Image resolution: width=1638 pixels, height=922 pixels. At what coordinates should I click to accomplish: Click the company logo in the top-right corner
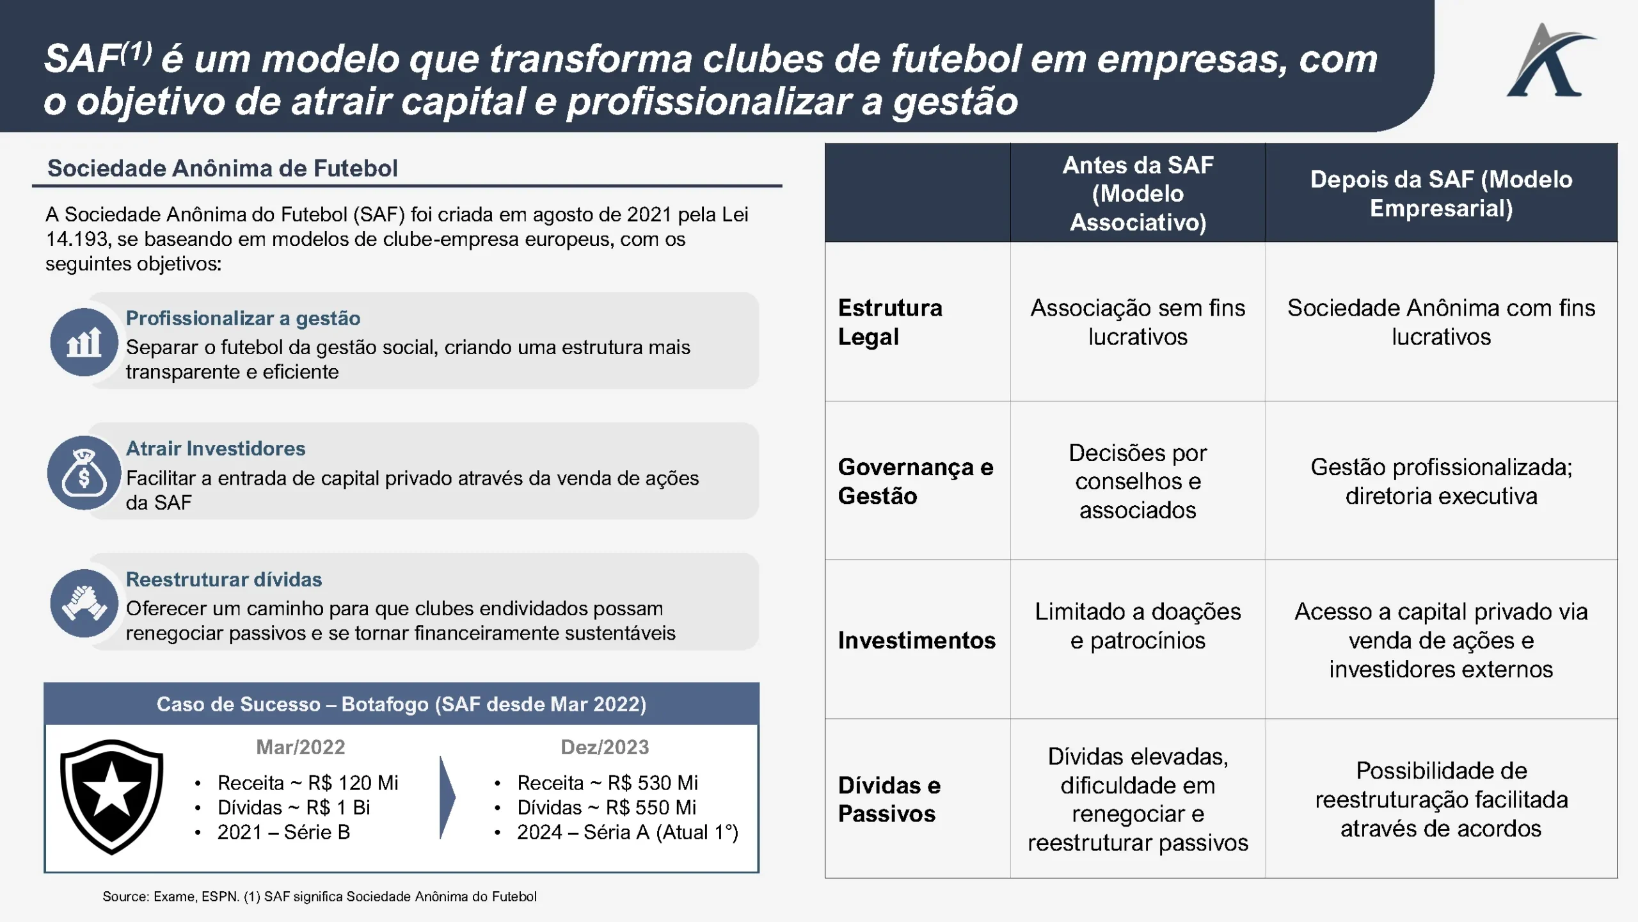coord(1550,61)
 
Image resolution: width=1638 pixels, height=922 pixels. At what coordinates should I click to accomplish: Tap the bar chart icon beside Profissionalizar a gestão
coord(84,342)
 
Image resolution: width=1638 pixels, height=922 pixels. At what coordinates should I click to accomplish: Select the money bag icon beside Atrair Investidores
coord(84,473)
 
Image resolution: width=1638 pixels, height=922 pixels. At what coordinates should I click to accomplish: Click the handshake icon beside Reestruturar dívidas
coord(84,603)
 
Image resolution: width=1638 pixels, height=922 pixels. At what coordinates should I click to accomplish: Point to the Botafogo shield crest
coord(112,797)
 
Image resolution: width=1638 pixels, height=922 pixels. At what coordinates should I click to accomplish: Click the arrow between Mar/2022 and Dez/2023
coord(447,797)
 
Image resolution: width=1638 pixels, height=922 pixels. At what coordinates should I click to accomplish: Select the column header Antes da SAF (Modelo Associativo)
coord(1138,193)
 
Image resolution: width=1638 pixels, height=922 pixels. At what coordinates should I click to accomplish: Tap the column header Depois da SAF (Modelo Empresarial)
coord(1441,193)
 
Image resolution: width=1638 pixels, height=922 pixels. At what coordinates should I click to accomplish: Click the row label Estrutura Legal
coord(890,322)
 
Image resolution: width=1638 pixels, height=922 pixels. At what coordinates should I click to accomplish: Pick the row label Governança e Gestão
coord(916,481)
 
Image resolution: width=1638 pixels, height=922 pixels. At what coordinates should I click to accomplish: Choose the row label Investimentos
coord(917,640)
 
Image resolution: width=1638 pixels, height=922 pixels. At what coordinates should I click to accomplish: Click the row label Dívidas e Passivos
coord(889,799)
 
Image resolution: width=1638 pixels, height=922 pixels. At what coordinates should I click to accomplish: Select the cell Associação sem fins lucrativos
coord(1138,322)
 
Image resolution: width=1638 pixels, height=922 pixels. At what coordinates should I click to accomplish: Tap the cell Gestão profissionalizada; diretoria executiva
coord(1441,481)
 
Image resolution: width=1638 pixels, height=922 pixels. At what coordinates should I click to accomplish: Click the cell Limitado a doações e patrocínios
coord(1138,626)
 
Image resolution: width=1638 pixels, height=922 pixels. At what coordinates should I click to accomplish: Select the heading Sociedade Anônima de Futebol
coord(223,168)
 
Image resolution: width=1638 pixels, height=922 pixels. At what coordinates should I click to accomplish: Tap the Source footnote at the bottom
coord(319,896)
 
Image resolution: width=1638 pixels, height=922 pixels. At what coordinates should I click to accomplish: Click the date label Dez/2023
coord(605,747)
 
